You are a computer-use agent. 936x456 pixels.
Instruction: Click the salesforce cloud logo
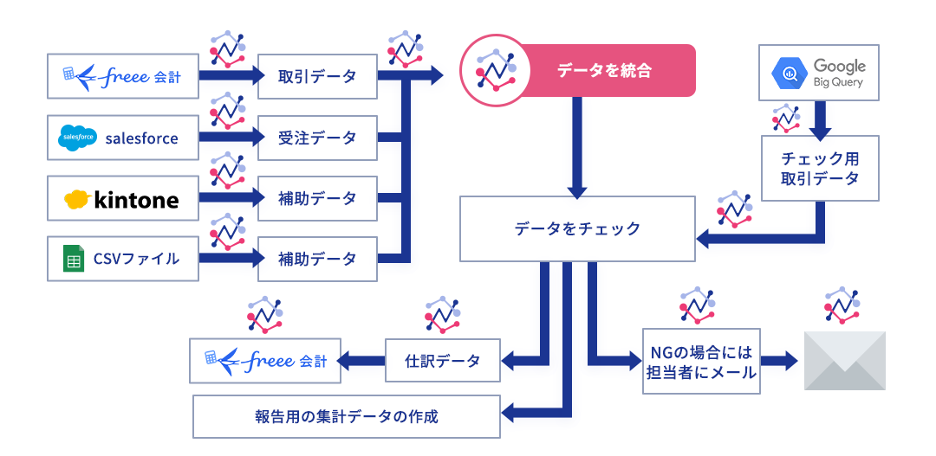[x=78, y=138]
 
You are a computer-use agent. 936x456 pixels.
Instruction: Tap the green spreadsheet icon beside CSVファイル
[x=73, y=258]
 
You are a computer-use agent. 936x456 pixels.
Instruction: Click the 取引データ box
[x=317, y=76]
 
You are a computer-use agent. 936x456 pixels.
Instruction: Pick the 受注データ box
[x=317, y=138]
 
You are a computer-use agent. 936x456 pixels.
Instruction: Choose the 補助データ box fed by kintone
[x=317, y=198]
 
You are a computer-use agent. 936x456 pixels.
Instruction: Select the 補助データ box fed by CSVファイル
[x=317, y=258]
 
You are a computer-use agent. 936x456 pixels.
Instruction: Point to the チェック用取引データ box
[x=820, y=168]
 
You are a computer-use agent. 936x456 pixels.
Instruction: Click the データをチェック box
[x=577, y=228]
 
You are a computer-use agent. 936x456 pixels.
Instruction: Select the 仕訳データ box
[x=442, y=360]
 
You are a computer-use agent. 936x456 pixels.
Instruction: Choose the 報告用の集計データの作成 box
[x=346, y=416]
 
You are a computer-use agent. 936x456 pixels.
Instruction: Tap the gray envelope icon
[x=845, y=361]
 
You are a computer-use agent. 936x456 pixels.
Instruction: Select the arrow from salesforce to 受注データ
[x=231, y=138]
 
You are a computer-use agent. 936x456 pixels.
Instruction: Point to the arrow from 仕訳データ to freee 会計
[x=360, y=360]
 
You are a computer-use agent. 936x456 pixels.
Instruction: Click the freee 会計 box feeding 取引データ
[x=124, y=76]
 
